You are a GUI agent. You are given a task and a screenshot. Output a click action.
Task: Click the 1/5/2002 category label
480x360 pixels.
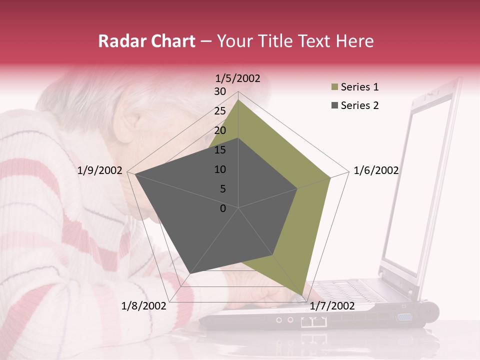click(x=237, y=78)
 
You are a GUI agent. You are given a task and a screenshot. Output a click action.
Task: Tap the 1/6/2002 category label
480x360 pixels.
click(x=376, y=170)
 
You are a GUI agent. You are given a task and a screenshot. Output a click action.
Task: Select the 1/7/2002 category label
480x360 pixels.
click(x=332, y=306)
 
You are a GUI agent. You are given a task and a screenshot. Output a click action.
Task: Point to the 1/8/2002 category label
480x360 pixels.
click(x=144, y=306)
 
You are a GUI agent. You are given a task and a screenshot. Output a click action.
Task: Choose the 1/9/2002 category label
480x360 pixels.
click(x=100, y=170)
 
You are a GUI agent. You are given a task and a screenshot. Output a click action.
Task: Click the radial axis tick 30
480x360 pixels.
click(x=220, y=91)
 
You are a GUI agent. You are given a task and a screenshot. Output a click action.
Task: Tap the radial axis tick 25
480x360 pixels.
click(x=220, y=111)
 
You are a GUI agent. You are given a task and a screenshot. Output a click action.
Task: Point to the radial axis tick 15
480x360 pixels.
click(x=220, y=150)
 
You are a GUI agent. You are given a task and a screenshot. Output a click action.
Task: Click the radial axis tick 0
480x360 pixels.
click(x=223, y=208)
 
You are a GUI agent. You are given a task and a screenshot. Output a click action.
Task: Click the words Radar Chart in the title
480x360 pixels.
click(x=146, y=41)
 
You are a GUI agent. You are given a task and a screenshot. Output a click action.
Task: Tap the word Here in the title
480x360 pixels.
click(x=354, y=41)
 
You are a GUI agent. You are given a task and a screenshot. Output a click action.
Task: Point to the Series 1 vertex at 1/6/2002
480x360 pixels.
click(x=330, y=177)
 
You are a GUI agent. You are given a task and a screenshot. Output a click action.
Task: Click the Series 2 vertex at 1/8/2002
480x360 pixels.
click(x=190, y=273)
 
